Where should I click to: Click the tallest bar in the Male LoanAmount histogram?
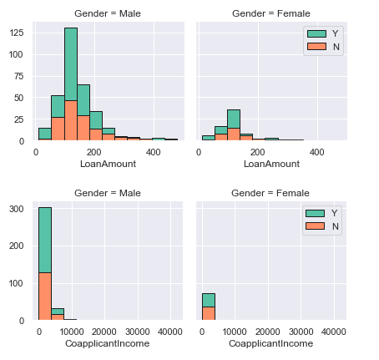tap(70, 84)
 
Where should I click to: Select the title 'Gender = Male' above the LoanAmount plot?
tap(106, 14)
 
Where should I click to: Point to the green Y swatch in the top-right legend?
tap(316, 33)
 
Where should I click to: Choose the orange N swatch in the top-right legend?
tap(316, 47)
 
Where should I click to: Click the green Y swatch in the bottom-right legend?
tap(316, 213)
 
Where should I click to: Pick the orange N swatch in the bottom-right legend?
tap(316, 226)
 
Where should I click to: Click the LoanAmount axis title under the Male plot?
tap(106, 164)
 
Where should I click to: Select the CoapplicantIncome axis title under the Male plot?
tap(106, 343)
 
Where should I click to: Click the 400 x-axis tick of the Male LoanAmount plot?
tap(153, 152)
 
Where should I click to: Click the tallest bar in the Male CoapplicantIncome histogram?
tap(45, 263)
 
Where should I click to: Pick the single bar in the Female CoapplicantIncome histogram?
tap(209, 307)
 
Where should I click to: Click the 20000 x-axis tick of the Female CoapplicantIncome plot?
tap(268, 332)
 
